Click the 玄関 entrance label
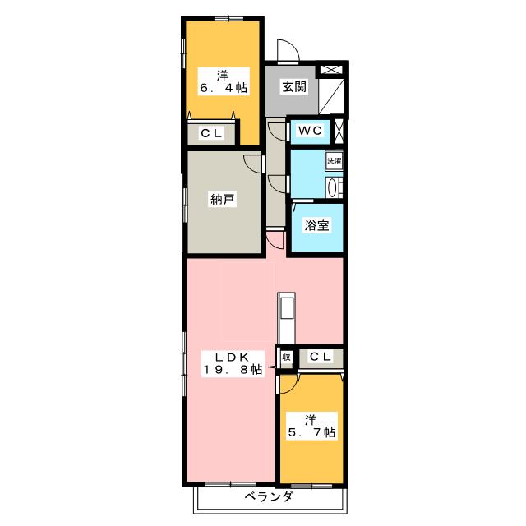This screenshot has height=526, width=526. (x=294, y=87)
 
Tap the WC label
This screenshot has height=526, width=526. (x=311, y=131)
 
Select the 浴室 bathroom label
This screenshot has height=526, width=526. (x=316, y=225)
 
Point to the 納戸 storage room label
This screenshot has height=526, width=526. (x=222, y=200)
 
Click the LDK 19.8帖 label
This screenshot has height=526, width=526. (x=232, y=363)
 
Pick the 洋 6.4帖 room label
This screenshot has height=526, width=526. (x=224, y=81)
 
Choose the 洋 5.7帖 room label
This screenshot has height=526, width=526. (x=311, y=426)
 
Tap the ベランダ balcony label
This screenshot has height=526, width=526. (x=269, y=496)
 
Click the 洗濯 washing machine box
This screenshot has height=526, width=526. (x=335, y=161)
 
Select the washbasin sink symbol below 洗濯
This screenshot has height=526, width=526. (x=333, y=187)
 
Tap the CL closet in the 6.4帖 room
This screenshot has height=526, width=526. (x=212, y=133)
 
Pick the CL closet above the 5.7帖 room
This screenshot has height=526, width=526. (x=321, y=357)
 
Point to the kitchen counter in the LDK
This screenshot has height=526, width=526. (x=286, y=318)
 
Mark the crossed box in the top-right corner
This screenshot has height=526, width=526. (x=330, y=70)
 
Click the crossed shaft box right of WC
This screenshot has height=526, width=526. (x=339, y=129)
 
